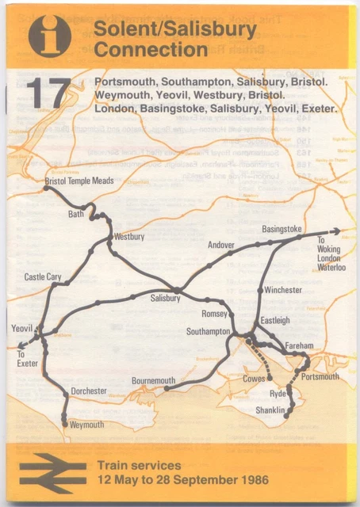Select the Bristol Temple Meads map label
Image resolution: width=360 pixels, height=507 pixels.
(79, 181)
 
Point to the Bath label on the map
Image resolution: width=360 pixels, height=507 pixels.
(76, 214)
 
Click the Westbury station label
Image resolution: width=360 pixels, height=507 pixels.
(129, 237)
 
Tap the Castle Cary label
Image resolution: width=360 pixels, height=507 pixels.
(43, 277)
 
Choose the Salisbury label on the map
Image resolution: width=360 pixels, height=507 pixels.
(166, 299)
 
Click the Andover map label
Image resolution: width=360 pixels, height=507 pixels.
(221, 246)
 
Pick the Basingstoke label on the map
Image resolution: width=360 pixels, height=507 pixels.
(281, 229)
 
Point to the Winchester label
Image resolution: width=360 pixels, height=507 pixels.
(283, 291)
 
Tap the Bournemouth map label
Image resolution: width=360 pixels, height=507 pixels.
(153, 381)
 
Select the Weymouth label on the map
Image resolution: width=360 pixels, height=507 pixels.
(87, 425)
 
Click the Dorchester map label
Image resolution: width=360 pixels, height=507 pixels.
(89, 391)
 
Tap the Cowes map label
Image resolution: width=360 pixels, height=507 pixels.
(255, 379)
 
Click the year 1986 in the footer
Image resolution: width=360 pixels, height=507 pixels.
(251, 480)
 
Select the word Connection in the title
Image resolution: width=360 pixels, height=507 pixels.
(151, 51)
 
